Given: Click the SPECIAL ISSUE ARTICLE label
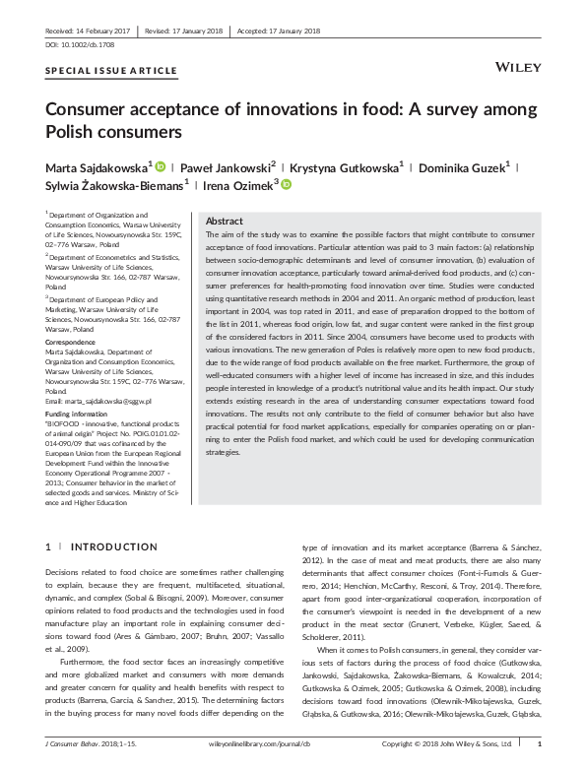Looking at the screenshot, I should tap(111, 71).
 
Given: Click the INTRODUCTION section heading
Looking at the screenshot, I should tap(108, 546).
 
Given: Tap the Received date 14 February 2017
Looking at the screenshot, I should tap(81, 30).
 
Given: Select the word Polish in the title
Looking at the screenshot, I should tap(72, 130).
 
